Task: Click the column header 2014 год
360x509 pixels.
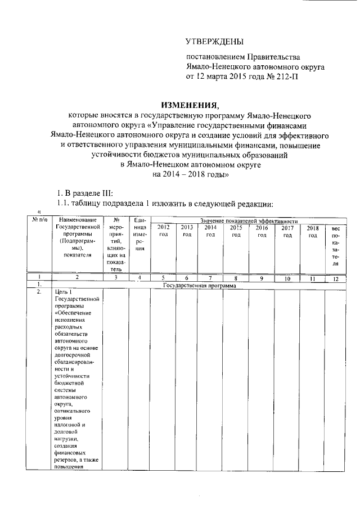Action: pyautogui.click(x=210, y=231)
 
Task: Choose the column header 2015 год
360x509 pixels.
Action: pyautogui.click(x=236, y=231)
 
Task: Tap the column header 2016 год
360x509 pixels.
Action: pyautogui.click(x=262, y=231)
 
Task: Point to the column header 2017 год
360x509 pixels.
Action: pyautogui.click(x=287, y=231)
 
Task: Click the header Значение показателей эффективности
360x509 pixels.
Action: pyautogui.click(x=248, y=222)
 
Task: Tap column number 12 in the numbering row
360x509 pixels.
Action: pyautogui.click(x=336, y=278)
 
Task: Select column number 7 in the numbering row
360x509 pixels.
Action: pyautogui.click(x=210, y=278)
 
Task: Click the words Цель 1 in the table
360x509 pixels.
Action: pyautogui.click(x=62, y=292)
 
